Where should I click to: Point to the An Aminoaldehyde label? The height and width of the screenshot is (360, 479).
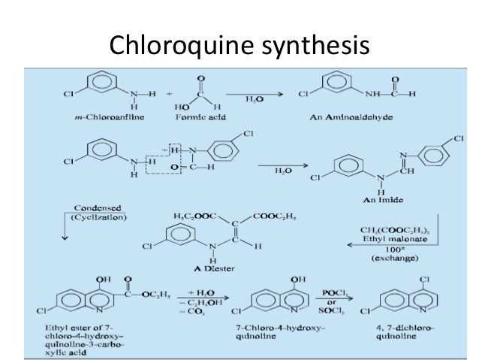point(357,119)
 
